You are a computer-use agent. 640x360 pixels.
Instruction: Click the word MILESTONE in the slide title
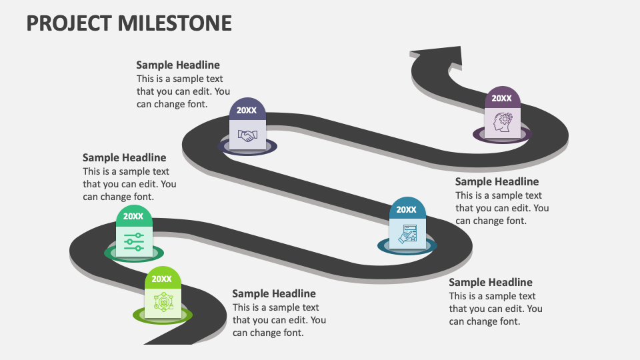175,23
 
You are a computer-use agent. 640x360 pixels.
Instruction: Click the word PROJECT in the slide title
68,23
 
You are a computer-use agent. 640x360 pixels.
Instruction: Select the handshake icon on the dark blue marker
247,135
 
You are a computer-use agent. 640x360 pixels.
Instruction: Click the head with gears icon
502,123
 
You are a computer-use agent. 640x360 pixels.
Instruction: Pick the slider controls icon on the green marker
134,241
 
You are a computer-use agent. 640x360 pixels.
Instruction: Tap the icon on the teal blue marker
407,233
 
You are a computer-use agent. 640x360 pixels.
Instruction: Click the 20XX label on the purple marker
502,99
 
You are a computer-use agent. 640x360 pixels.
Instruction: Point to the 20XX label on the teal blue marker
407,209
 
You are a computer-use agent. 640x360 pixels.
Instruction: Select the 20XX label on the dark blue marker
247,111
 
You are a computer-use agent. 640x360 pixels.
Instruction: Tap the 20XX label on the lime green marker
162,279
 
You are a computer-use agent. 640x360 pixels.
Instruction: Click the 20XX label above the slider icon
133,217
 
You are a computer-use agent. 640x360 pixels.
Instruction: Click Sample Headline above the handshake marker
178,65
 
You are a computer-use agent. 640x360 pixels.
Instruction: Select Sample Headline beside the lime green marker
274,293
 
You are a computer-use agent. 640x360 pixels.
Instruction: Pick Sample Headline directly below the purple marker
497,181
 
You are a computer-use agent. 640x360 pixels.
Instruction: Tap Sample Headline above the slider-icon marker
124,158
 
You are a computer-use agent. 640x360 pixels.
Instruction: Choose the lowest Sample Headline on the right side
491,282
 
